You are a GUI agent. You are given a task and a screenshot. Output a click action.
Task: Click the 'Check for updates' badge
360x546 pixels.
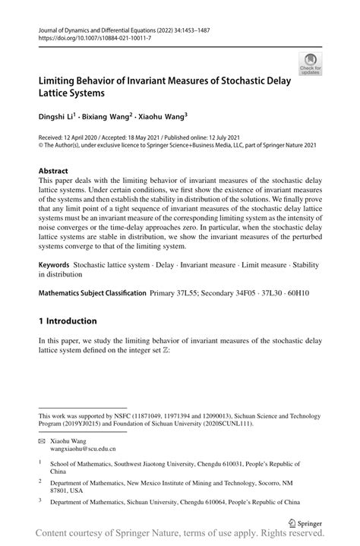click(x=309, y=65)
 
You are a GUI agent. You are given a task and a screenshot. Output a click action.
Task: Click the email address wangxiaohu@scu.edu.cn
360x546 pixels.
click(x=83, y=449)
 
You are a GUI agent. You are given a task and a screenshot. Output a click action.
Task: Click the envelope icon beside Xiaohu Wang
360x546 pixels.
click(x=43, y=440)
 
